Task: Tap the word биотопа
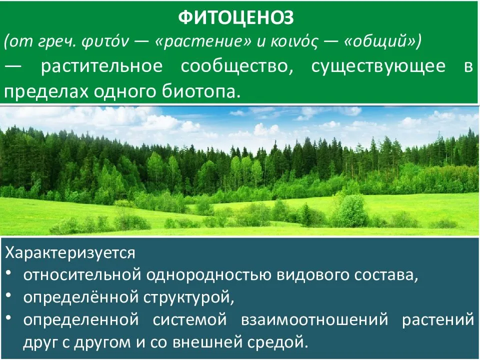point(204,92)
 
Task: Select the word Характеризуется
point(70,252)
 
